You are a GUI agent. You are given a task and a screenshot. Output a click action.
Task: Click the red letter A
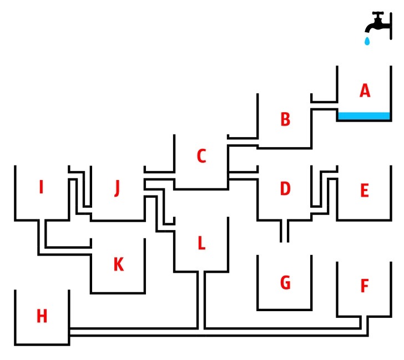pyautogui.click(x=365, y=91)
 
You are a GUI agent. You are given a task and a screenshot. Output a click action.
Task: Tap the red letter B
pyautogui.click(x=285, y=119)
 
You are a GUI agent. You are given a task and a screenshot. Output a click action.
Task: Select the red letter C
pyautogui.click(x=201, y=157)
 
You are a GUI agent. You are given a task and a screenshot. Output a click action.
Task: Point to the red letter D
pyautogui.click(x=285, y=189)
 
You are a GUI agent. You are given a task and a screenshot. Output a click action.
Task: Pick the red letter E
pyautogui.click(x=365, y=191)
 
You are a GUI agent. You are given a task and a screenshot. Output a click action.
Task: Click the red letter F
pyautogui.click(x=365, y=286)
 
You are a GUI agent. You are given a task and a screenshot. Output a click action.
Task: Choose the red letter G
pyautogui.click(x=285, y=283)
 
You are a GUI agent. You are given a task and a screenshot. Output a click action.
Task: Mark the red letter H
pyautogui.click(x=42, y=316)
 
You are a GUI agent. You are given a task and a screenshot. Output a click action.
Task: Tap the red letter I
pyautogui.click(x=41, y=188)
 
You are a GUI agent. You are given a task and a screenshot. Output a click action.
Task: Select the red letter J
pyautogui.click(x=117, y=189)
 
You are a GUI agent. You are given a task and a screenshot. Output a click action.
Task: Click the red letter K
pyautogui.click(x=118, y=265)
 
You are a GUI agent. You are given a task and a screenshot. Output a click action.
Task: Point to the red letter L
pyautogui.click(x=201, y=243)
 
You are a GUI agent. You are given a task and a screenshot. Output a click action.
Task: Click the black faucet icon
pyautogui.click(x=377, y=24)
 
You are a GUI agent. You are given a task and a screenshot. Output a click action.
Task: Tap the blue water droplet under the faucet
pyautogui.click(x=366, y=41)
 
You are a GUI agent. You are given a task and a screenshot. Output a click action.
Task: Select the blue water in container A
pyautogui.click(x=364, y=116)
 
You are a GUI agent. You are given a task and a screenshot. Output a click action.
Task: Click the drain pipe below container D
pyautogui.click(x=285, y=231)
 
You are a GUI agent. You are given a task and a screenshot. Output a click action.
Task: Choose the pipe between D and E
pyautogui.click(x=325, y=189)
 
